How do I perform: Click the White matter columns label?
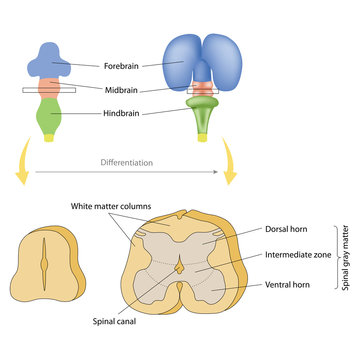109,207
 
